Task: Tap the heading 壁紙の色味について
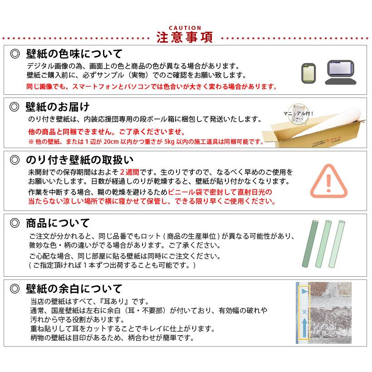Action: click(74, 54)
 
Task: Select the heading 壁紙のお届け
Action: click(58, 107)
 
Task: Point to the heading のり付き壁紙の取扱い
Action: click(79, 160)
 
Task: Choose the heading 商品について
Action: click(58, 223)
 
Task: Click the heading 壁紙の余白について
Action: click(74, 289)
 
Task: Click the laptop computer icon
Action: click(341, 73)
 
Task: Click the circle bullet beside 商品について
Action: click(15, 223)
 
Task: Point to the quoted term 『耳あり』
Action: click(117, 301)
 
